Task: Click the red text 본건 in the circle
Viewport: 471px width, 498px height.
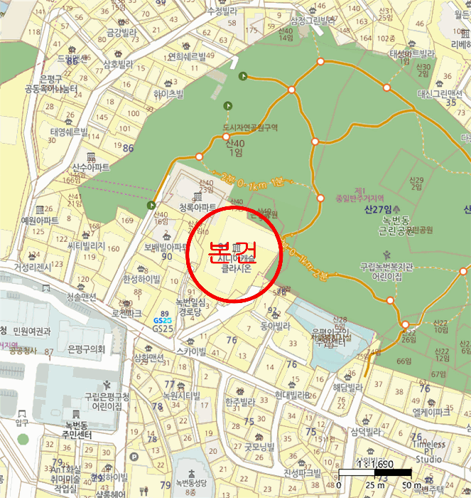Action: (x=232, y=250)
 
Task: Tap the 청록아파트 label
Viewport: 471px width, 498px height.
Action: (x=197, y=208)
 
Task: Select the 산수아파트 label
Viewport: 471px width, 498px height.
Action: (x=91, y=168)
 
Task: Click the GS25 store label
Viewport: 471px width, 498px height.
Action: (x=163, y=329)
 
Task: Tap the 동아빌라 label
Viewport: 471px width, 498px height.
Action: (x=276, y=326)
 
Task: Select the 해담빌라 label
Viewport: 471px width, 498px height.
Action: (x=347, y=388)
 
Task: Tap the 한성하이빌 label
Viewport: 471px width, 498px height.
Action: (x=142, y=278)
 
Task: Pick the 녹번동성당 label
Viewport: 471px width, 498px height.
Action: (x=190, y=484)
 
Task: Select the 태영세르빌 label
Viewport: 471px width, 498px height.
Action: (x=69, y=132)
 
